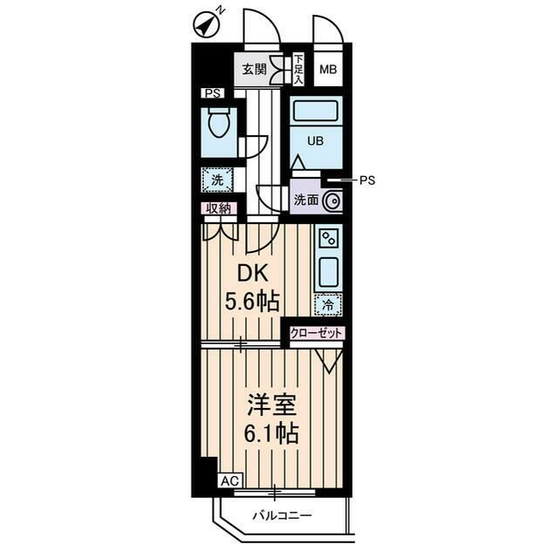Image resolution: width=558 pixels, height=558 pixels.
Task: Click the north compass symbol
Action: coord(206,26)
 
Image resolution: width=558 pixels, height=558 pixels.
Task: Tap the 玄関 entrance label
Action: coord(254,69)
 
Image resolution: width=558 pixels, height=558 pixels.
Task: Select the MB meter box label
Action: coord(328,70)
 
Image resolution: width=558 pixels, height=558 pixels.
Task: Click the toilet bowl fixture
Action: coord(219,122)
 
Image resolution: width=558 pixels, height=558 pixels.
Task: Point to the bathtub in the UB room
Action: coord(316,111)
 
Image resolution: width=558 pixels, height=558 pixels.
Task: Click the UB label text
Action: coord(316,141)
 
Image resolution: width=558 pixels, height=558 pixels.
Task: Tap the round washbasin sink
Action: coord(332,201)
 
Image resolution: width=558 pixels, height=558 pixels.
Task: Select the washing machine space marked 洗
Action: coord(217,180)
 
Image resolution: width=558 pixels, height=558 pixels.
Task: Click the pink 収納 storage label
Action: coord(219,208)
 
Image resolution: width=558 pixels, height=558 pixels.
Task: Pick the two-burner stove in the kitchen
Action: coord(328,238)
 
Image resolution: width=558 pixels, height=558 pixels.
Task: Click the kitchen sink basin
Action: coord(328,273)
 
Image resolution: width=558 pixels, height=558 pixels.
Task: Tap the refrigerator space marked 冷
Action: coord(328,304)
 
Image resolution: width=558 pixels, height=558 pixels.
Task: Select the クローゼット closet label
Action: coord(316,333)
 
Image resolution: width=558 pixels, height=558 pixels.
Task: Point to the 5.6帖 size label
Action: coord(252,302)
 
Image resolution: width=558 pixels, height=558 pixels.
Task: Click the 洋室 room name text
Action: coord(272,405)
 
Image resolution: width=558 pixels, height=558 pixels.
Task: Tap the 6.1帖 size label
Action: coord(271,432)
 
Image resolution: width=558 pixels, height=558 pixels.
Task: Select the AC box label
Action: coord(230,480)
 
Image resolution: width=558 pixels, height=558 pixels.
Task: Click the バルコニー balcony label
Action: coord(282,515)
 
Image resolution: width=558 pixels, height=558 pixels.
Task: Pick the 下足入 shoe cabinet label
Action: coord(298,70)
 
